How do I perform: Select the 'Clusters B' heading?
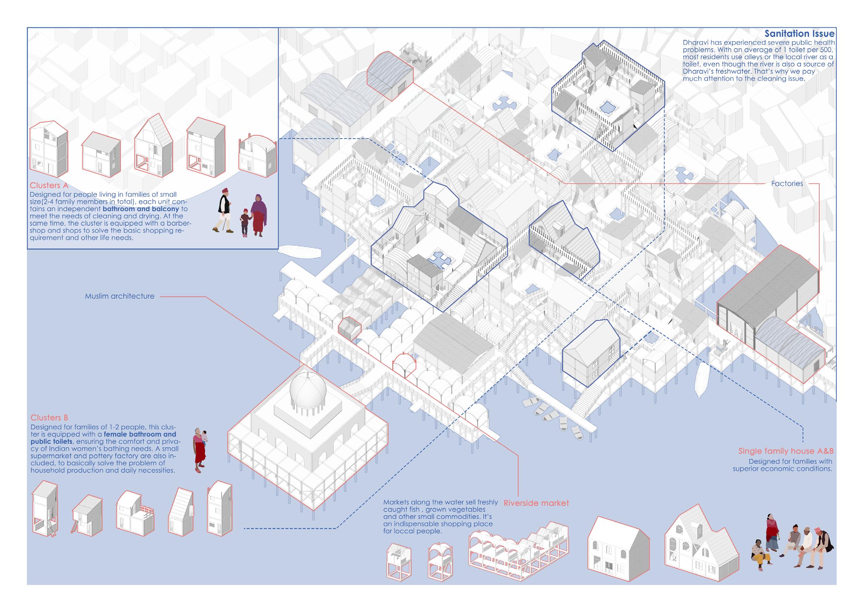[x=49, y=418]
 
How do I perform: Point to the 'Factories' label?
[x=787, y=184]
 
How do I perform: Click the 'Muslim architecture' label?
[x=119, y=296]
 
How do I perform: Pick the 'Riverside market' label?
[x=536, y=503]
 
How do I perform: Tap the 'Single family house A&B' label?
[x=785, y=451]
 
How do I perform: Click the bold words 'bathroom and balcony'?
[x=141, y=209]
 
